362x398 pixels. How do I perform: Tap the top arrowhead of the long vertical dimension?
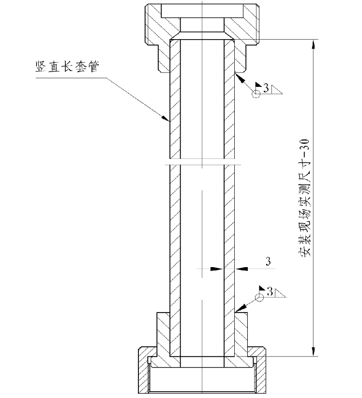click(x=315, y=43)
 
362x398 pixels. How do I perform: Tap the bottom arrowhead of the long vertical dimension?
click(x=315, y=351)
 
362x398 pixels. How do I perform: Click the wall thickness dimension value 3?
click(x=268, y=261)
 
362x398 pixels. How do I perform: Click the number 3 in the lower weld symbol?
click(x=270, y=291)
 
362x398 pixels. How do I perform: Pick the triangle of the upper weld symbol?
click(x=277, y=89)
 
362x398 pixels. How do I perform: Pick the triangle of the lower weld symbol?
click(x=281, y=292)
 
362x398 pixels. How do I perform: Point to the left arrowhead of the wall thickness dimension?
click(x=219, y=268)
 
